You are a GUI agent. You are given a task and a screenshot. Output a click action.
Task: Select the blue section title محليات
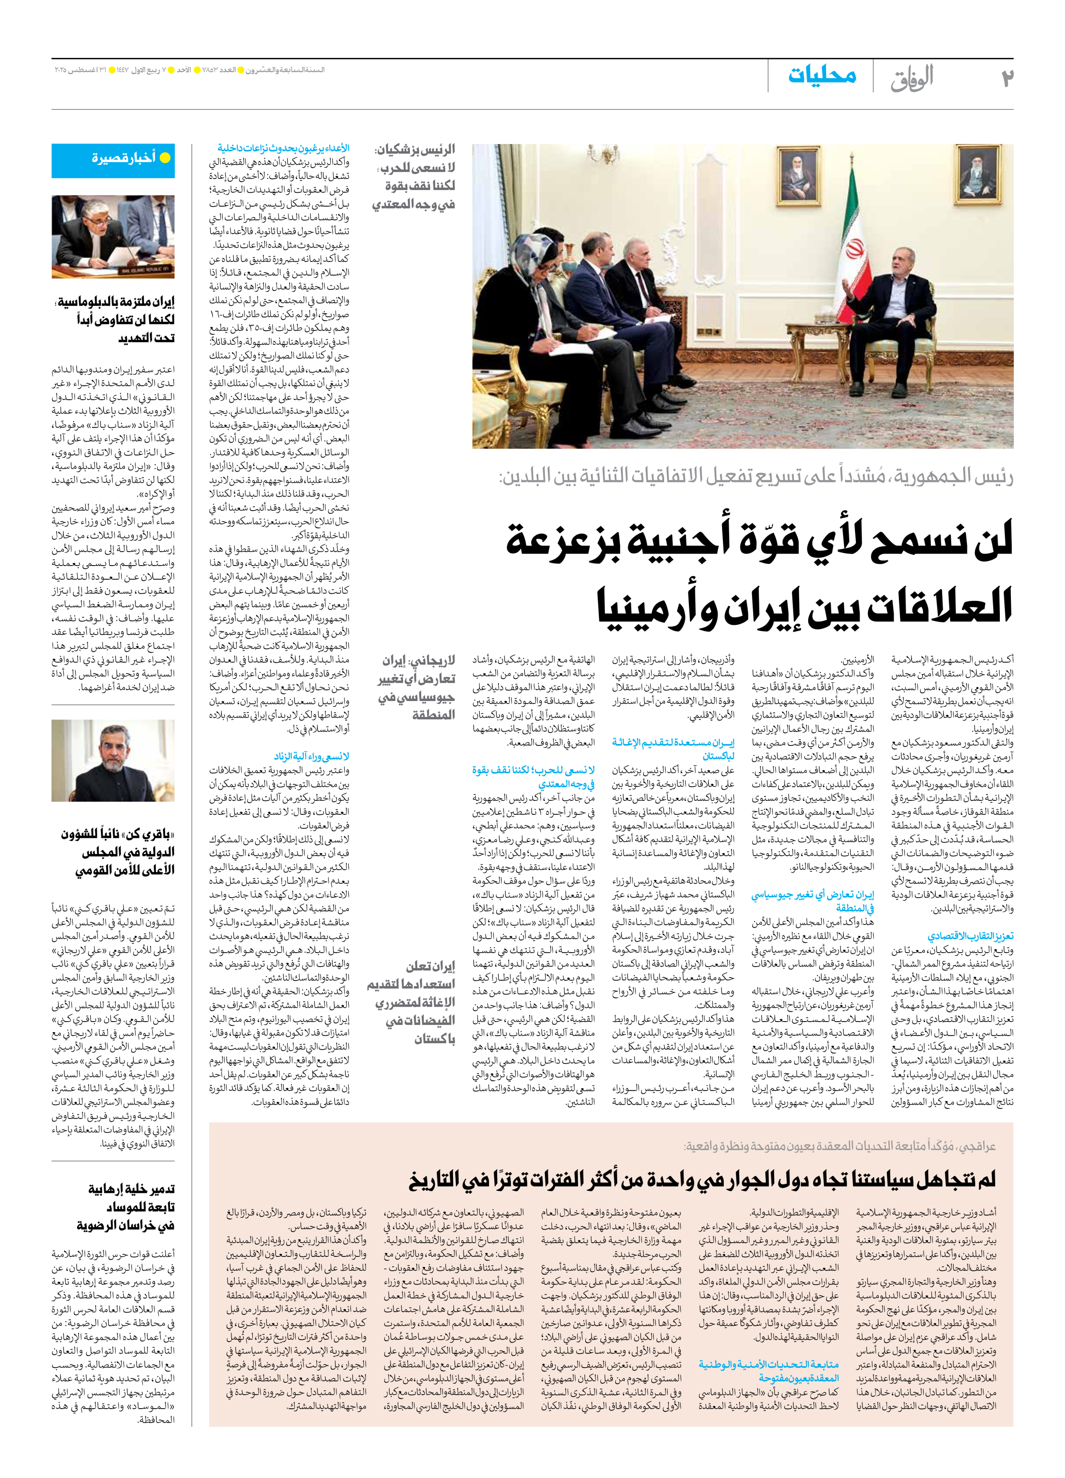822,75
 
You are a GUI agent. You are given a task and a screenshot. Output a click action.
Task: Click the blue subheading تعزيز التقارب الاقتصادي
970,936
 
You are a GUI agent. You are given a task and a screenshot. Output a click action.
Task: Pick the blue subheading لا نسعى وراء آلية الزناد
311,756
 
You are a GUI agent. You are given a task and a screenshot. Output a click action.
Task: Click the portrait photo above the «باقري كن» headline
113,760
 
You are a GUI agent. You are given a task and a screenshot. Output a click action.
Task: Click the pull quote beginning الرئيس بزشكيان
414,176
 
